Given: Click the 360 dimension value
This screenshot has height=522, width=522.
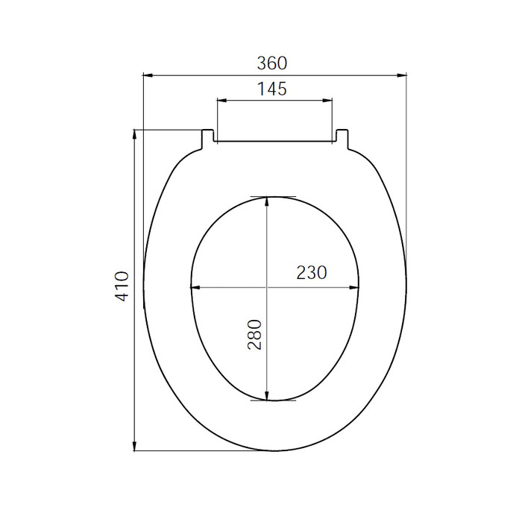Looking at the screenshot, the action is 271,63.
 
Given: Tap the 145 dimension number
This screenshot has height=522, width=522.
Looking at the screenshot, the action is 271,89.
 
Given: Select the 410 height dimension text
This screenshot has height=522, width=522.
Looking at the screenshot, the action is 122,286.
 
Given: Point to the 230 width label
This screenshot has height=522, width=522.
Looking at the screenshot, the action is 312,272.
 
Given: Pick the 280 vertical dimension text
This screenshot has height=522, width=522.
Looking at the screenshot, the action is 255,335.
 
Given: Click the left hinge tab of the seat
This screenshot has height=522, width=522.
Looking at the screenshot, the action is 208,139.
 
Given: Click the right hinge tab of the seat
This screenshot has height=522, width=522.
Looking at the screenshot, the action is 342,139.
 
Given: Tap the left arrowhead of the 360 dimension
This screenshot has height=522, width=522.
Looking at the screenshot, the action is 148,75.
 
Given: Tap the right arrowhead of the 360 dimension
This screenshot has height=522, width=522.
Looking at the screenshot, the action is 402,75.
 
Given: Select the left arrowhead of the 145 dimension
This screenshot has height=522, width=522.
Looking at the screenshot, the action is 221,100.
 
